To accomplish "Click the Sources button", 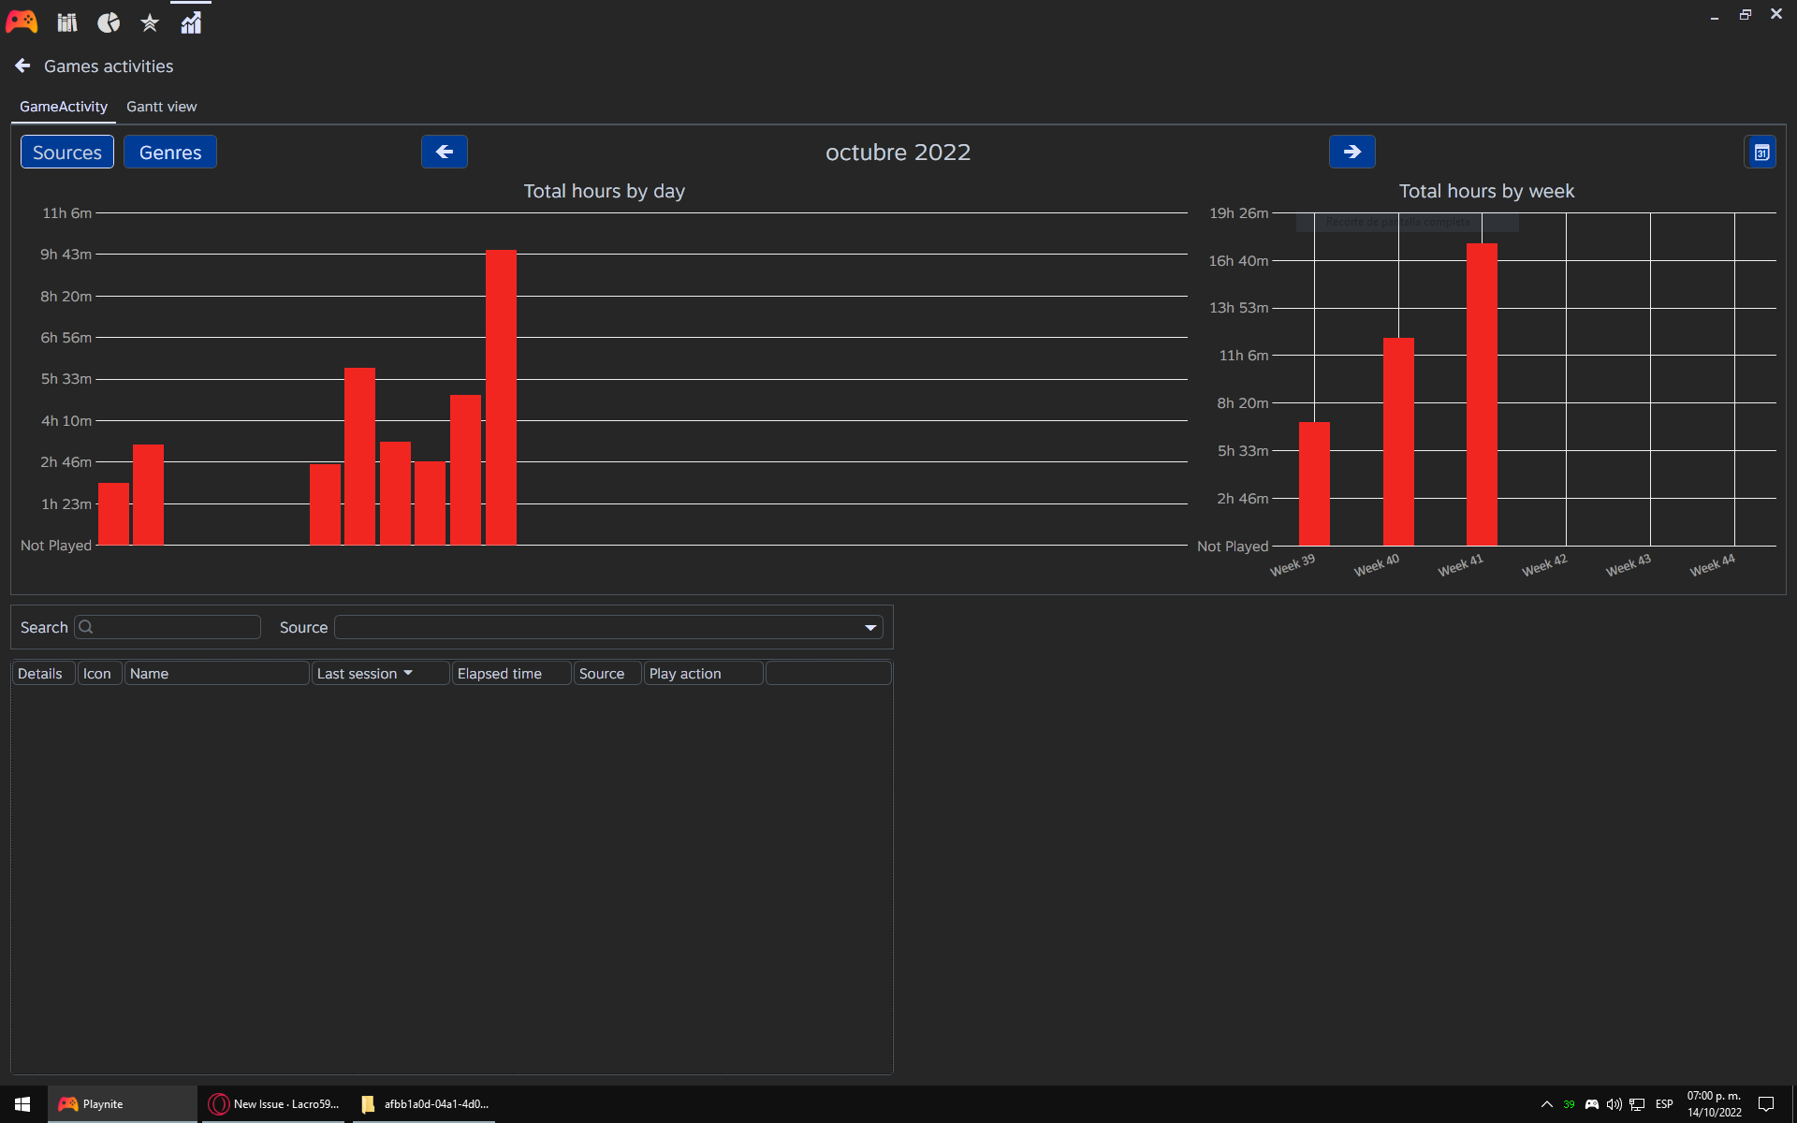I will click(67, 153).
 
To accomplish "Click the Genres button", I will click(170, 153).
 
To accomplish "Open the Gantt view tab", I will click(161, 107).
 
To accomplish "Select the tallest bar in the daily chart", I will click(501, 397).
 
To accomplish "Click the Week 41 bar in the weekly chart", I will click(1482, 394).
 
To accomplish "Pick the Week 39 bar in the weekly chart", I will click(1314, 484).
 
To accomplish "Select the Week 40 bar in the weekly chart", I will click(1398, 442).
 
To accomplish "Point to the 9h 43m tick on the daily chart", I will click(66, 255).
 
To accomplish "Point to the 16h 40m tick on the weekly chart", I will click(1237, 261).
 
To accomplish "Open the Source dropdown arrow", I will click(870, 628).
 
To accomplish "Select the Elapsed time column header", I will click(500, 674).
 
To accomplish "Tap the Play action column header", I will click(685, 674).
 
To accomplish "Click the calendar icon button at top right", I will click(1760, 153).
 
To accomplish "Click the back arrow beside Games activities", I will click(23, 66).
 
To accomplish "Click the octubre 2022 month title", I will click(898, 153).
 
